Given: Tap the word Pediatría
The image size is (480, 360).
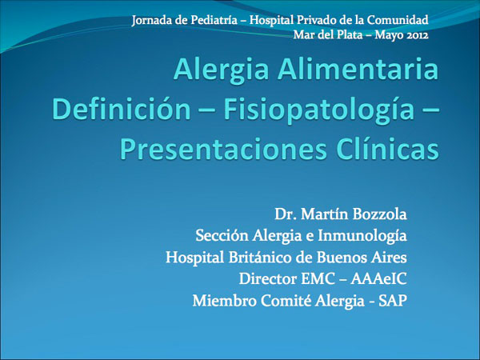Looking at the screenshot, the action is coord(214,20).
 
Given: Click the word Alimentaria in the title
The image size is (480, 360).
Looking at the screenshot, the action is coord(358,69).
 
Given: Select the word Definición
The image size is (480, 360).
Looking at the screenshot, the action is coord(122,110).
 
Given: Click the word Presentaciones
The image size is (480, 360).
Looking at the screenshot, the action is coord(223,150).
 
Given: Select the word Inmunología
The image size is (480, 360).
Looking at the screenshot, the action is coord(362,236).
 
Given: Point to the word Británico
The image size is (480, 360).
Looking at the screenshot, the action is coord(258,257).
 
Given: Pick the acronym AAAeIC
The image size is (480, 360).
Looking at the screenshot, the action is coord(379,279).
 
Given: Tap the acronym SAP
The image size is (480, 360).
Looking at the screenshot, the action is coord(393,301).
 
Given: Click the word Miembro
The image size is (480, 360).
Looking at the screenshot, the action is coord(225,301).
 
